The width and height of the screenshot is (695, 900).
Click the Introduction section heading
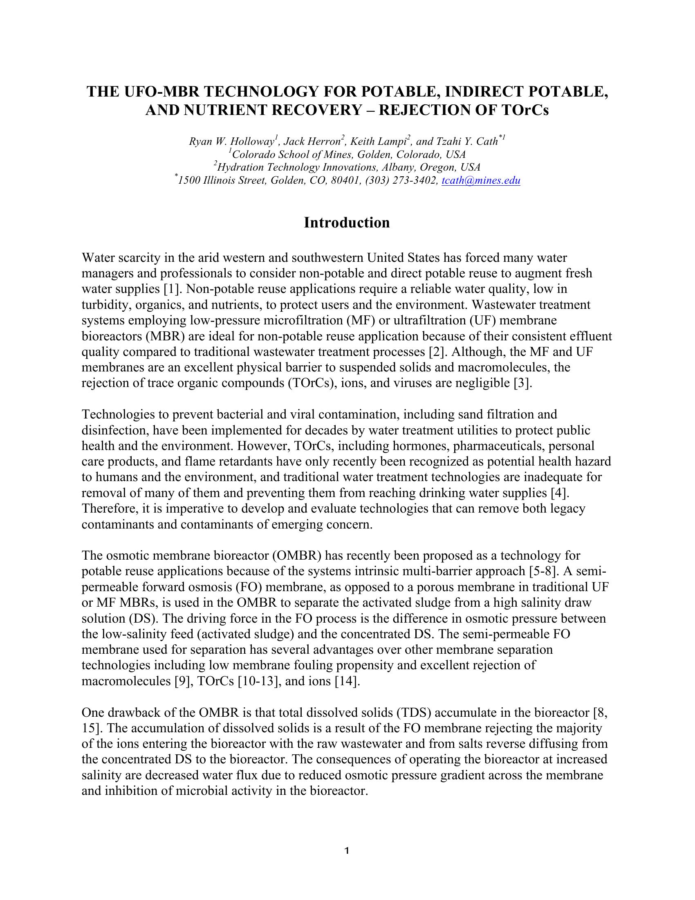click(x=347, y=223)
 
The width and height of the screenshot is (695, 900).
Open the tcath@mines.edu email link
click(x=480, y=180)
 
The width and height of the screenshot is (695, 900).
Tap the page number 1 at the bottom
click(x=347, y=850)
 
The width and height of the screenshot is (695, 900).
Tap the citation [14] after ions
click(x=347, y=681)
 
